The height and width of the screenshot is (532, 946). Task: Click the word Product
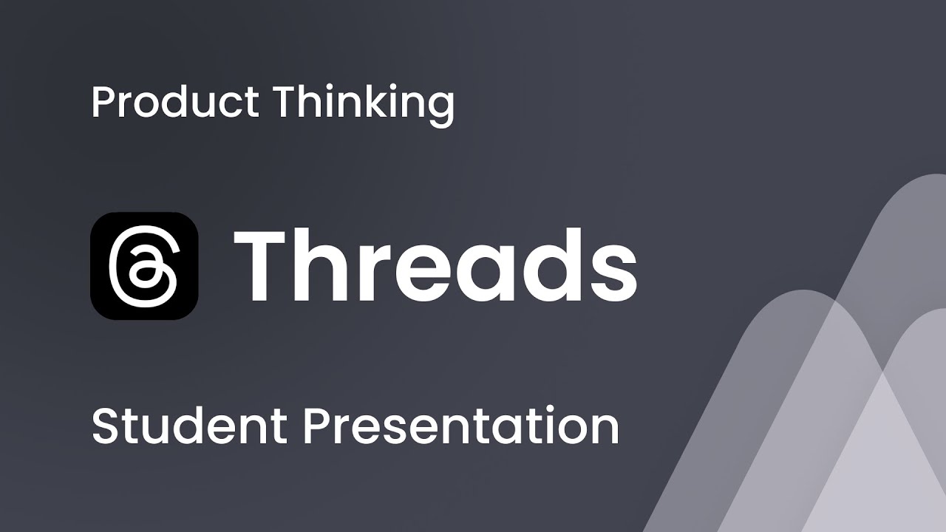pyautogui.click(x=174, y=102)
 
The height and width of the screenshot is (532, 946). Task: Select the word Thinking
pyautogui.click(x=364, y=103)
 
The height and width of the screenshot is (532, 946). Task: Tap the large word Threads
pyautogui.click(x=435, y=266)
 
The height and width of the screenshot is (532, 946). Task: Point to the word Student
pyautogui.click(x=189, y=426)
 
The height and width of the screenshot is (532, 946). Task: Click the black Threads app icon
pyautogui.click(x=144, y=266)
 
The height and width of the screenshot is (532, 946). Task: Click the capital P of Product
pyautogui.click(x=102, y=102)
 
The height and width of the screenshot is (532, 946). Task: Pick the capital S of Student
pyautogui.click(x=105, y=426)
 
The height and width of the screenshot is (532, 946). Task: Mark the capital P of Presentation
pyautogui.click(x=315, y=426)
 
